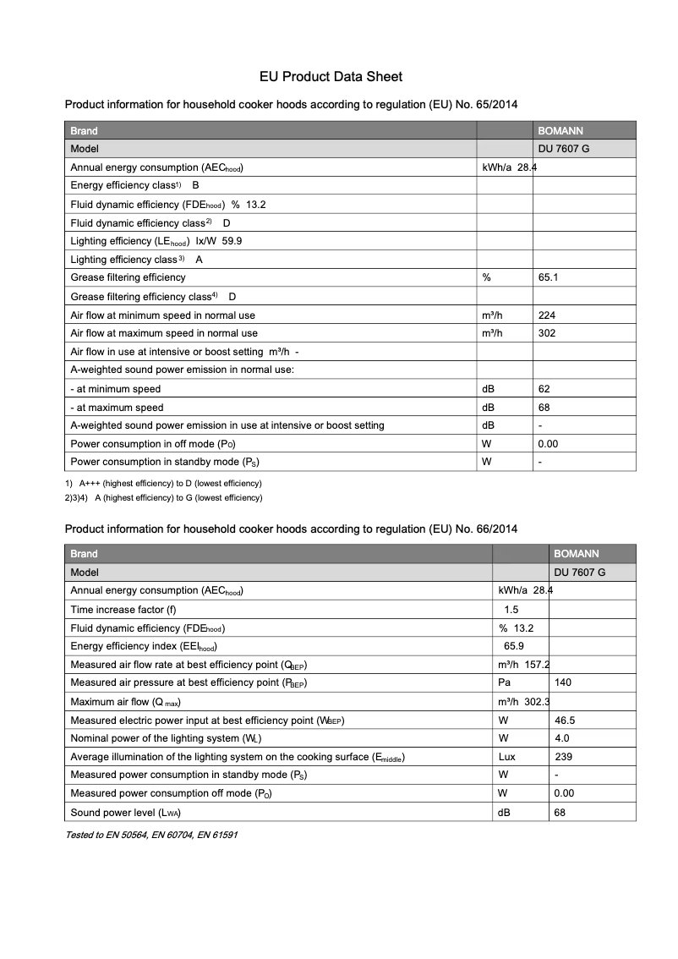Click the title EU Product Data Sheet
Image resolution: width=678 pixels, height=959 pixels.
click(x=331, y=77)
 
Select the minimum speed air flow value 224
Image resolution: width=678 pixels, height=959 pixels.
click(x=547, y=315)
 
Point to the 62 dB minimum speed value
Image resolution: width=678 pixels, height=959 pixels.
click(x=544, y=389)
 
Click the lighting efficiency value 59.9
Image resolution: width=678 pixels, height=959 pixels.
click(x=232, y=241)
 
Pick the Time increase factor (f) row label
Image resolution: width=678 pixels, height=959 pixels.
click(x=123, y=610)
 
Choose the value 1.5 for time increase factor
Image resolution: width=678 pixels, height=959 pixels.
click(x=511, y=610)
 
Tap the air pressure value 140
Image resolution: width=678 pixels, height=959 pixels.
click(x=562, y=682)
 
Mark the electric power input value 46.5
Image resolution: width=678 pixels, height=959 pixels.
click(x=565, y=721)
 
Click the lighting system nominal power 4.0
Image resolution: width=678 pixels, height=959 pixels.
click(x=561, y=738)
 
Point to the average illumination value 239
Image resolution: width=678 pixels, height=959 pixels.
click(x=563, y=757)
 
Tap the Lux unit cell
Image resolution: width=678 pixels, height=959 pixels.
click(x=507, y=757)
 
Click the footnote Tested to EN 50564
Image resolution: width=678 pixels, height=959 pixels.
click(x=151, y=835)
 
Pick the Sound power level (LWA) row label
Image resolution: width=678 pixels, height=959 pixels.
click(x=125, y=813)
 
